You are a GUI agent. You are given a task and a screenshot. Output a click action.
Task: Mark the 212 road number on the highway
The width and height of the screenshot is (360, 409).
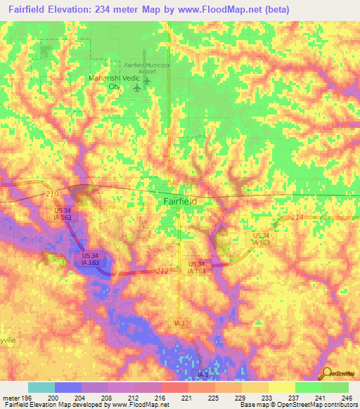(x=162, y=271)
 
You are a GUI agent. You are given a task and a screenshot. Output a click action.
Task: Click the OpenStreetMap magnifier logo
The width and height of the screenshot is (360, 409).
(x=326, y=375)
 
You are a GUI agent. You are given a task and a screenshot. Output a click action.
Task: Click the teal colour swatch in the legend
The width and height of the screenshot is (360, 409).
(x=41, y=387)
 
